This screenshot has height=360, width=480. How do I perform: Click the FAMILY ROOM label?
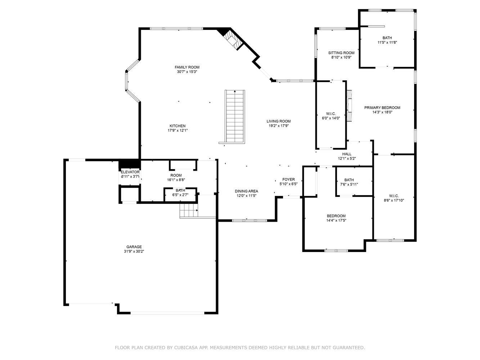[187, 67]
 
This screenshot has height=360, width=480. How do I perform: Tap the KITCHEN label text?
[178, 126]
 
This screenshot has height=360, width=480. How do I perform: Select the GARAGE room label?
[134, 247]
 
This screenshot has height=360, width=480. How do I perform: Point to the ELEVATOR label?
[130, 172]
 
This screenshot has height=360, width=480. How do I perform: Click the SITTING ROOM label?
[341, 53]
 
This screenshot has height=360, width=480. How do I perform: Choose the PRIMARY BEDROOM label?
[382, 108]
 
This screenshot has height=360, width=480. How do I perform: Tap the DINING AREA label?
[246, 191]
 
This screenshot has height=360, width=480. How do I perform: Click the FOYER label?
[288, 179]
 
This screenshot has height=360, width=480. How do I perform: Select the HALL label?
[347, 154]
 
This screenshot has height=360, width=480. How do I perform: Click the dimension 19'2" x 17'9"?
[278, 126]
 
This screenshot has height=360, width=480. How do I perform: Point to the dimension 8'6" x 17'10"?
[394, 200]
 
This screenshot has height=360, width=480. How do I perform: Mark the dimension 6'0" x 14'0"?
[331, 118]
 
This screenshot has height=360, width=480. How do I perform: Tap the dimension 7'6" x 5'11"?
[349, 184]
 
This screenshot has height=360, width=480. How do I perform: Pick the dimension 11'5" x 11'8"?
[387, 42]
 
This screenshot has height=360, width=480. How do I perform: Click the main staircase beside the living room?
[235, 117]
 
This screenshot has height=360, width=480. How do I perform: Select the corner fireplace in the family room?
[232, 39]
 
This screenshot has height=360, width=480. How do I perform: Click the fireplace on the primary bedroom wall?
[349, 105]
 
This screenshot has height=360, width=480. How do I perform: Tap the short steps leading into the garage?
[189, 210]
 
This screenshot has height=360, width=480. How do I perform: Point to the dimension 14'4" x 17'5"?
[336, 220]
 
